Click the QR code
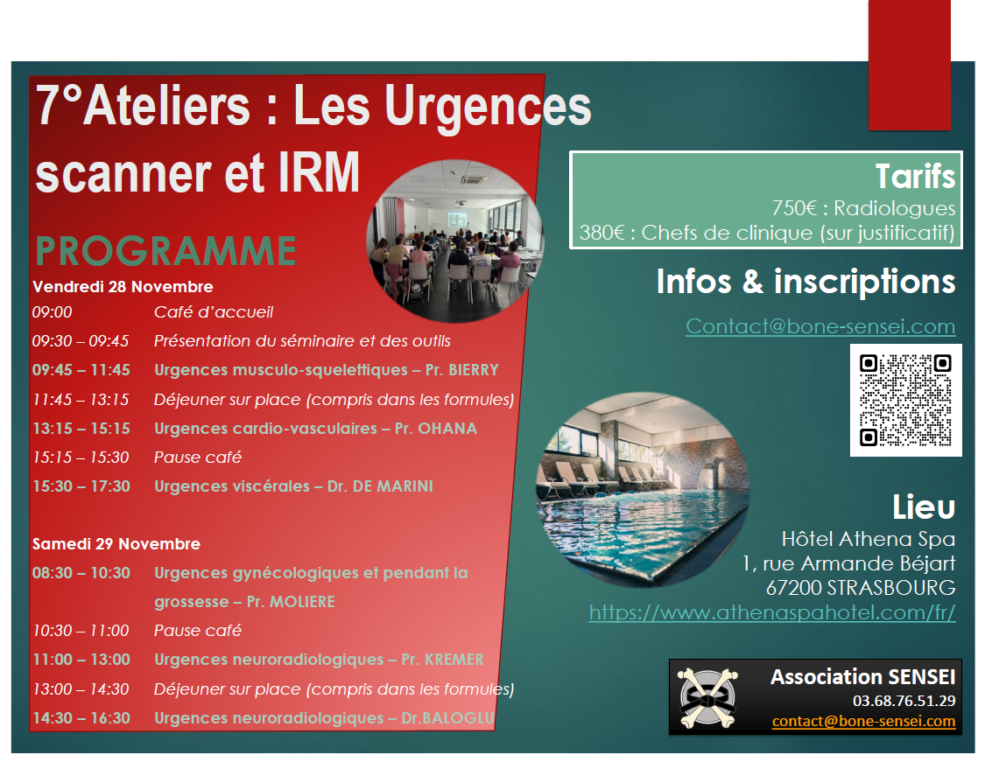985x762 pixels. coord(905,400)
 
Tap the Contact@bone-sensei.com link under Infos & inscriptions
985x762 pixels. coord(820,326)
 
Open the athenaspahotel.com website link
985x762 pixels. coord(772,612)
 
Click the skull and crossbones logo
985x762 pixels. coord(707,697)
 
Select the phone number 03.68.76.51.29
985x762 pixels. coord(904,701)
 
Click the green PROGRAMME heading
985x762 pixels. coord(165,251)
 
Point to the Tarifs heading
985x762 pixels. coord(915,177)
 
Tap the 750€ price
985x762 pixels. coord(794,207)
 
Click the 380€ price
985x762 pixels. coord(602,233)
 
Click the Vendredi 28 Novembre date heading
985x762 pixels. coord(123,287)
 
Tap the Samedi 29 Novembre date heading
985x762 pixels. coord(116,544)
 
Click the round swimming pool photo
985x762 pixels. coord(643,490)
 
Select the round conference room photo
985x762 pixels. coord(455,241)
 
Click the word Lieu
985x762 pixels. coord(924,507)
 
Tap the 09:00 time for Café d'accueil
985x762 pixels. coord(53,312)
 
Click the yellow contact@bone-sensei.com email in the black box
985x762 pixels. coord(864,721)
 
